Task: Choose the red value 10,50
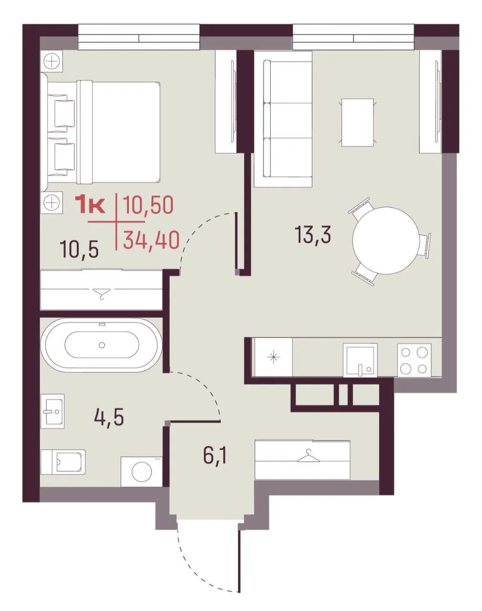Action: pos(148,205)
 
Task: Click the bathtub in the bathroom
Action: pos(102,345)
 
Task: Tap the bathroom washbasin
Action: pos(52,411)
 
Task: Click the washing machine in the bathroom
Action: pos(141,471)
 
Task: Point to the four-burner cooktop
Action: pos(414,360)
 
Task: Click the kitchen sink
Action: pos(360,360)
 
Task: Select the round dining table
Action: pos(386,240)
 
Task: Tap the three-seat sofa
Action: pos(283,119)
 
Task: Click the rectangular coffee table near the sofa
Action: pos(357,122)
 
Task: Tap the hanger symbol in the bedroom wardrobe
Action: pos(102,294)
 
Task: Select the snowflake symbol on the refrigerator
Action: pos(273,357)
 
